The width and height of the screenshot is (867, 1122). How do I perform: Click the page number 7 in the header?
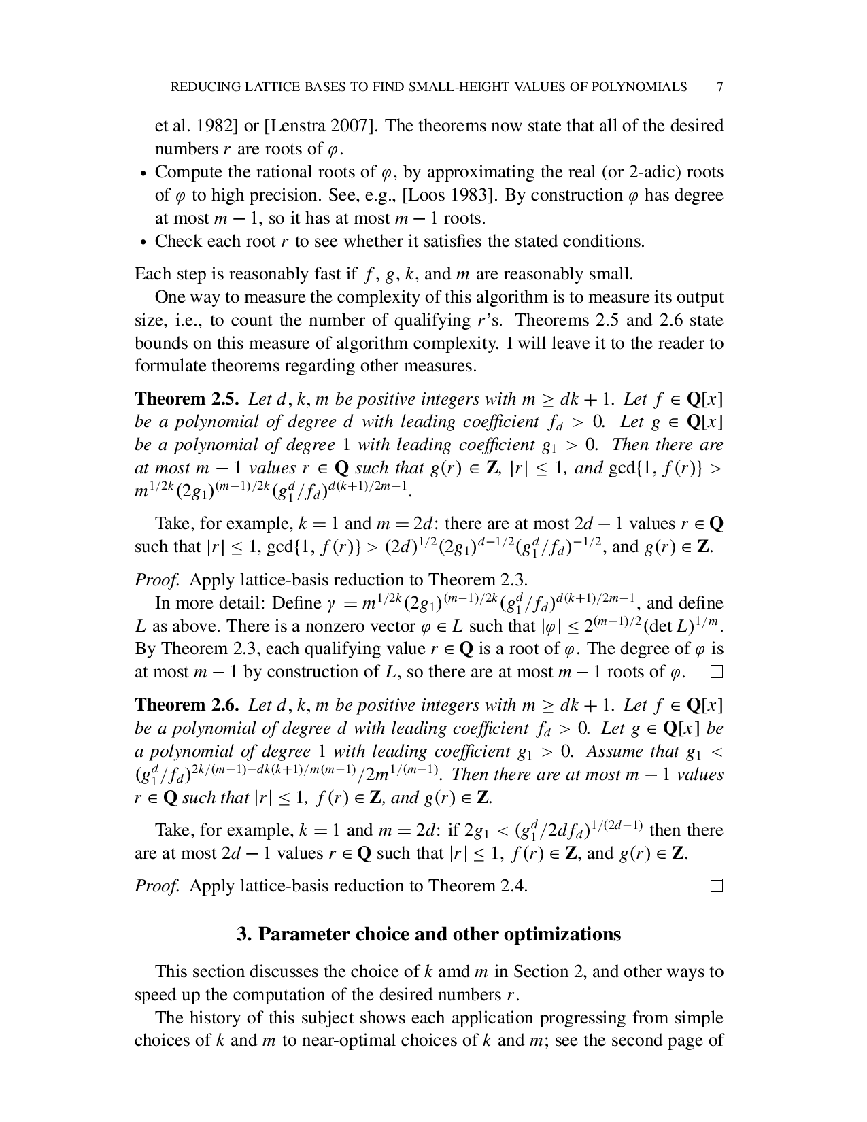[x=719, y=87]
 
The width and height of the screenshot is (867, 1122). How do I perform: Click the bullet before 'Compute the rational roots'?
[x=143, y=173]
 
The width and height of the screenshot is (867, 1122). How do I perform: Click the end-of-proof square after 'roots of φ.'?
[x=716, y=673]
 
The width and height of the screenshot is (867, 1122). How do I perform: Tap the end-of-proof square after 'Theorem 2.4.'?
[x=716, y=886]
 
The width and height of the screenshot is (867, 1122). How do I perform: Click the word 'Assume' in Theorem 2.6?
[x=615, y=751]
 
